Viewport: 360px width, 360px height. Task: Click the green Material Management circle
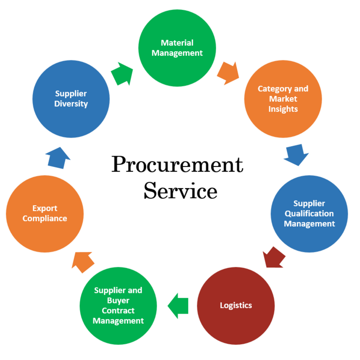pos(177,48)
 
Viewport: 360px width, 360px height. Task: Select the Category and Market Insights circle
pos(283,99)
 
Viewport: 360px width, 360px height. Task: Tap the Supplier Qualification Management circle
pos(309,213)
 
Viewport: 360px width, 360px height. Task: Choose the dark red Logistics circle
pos(235,305)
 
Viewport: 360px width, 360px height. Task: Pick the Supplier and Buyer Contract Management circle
pos(118,305)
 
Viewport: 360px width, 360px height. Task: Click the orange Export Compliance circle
pos(45,213)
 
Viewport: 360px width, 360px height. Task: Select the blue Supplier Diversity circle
pos(71,99)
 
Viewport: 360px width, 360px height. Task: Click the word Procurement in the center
pos(177,166)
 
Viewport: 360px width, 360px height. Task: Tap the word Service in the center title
pos(180,191)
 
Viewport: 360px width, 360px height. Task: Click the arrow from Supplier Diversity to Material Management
pos(122,74)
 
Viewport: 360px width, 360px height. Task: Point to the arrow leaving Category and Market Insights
pos(296,154)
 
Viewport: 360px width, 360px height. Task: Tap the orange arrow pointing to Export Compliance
pos(83,261)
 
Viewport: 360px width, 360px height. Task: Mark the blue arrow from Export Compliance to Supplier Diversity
pos(58,157)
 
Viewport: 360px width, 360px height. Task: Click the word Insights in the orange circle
pos(283,108)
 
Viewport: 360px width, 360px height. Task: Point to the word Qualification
pos(309,213)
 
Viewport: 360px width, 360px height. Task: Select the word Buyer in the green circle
pos(118,300)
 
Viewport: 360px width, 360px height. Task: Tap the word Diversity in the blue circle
pos(71,103)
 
